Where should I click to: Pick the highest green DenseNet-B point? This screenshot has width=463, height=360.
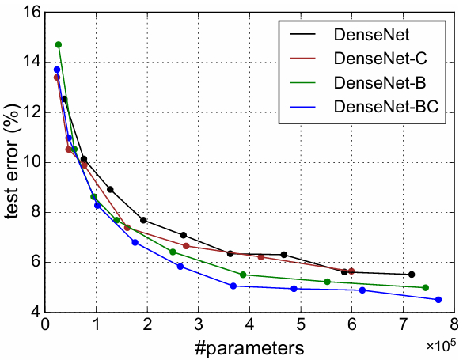[x=59, y=44]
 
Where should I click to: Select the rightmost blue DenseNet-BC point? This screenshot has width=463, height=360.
[x=438, y=300]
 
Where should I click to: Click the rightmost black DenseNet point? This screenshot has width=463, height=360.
[x=412, y=275]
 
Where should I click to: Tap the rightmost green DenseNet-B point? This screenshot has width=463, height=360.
[x=426, y=288]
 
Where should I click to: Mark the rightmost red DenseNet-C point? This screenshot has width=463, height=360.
[x=351, y=271]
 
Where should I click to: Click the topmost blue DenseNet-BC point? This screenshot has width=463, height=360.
[x=57, y=70]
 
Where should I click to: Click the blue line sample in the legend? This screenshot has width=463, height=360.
[x=303, y=107]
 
